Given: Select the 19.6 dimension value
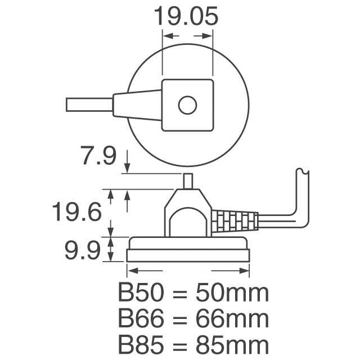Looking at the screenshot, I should pyautogui.click(x=76, y=213).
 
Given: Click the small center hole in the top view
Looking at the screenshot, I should pyautogui.click(x=187, y=105).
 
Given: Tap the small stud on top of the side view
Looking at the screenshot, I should pyautogui.click(x=188, y=181).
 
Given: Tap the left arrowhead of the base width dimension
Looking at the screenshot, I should pyautogui.click(x=132, y=271).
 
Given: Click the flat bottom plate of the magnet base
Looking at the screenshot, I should pyautogui.click(x=188, y=255).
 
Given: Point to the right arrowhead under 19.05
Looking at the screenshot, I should pyautogui.click(x=208, y=35).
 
